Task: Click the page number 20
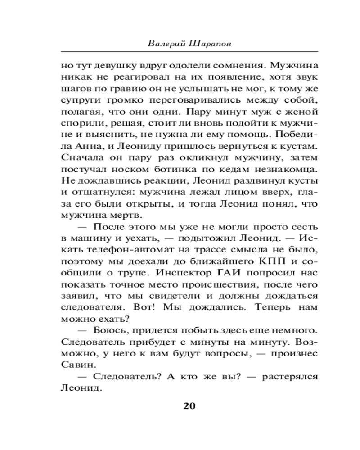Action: click(189, 405)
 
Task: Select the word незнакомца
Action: click(275, 171)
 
